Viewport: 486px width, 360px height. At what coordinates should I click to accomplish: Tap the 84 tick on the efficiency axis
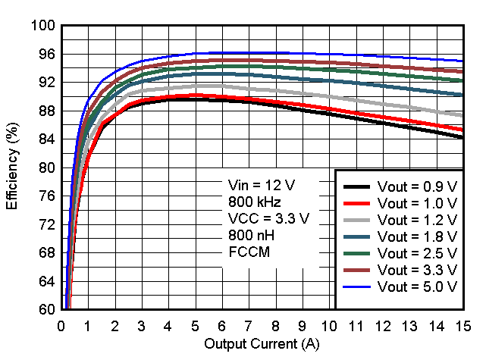[x=48, y=139]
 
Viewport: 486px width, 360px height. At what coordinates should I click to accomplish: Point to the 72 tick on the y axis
[x=48, y=224]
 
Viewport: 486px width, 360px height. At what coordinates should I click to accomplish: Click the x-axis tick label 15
[x=462, y=325]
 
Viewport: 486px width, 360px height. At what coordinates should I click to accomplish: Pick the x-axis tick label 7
[x=249, y=325]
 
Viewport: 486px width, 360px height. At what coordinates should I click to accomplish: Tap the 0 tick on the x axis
[x=62, y=325]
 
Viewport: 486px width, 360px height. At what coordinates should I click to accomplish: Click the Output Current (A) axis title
[x=262, y=344]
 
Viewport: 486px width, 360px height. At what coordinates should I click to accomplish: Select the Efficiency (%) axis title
[x=13, y=168]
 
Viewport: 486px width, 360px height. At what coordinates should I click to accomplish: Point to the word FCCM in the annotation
[x=244, y=252]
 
